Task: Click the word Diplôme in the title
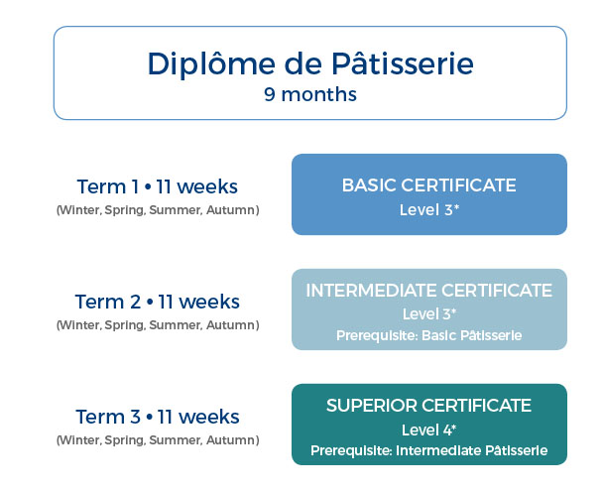coord(211,63)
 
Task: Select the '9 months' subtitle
coord(310,94)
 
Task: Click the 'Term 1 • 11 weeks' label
coord(157,186)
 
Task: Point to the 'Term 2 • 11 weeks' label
coord(157,302)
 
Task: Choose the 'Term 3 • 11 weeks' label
coord(157,417)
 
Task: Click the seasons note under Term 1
coord(158,210)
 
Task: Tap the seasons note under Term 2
coord(158,325)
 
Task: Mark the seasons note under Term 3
coord(158,440)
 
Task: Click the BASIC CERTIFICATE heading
coord(428,185)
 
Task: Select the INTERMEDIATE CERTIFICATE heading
coord(428,291)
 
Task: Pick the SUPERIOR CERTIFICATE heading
coord(428,406)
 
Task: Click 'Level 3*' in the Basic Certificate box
coord(429,210)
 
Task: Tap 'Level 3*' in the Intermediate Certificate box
coord(429,314)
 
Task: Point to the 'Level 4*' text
coord(428,430)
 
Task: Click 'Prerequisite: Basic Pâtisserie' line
coord(428,335)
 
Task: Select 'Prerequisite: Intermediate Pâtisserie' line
coord(428,450)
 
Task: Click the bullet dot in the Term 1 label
coord(147,187)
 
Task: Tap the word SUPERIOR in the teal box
coord(372,406)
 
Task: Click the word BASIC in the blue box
coord(369,185)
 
